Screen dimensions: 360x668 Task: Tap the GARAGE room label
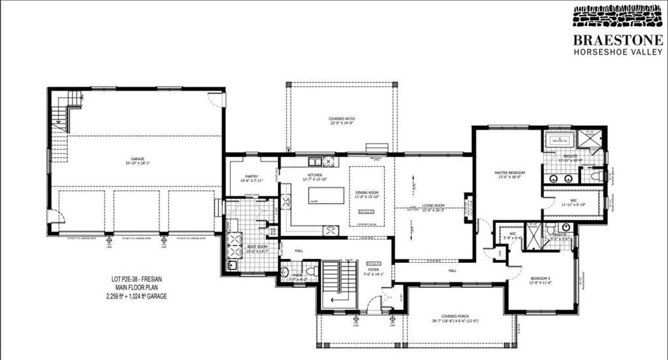tap(136, 160)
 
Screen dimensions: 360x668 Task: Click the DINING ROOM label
tap(367, 194)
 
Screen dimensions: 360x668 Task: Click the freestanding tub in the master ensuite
tap(558, 140)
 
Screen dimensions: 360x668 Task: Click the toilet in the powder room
tap(311, 270)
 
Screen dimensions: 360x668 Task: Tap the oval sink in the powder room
tap(284, 271)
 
